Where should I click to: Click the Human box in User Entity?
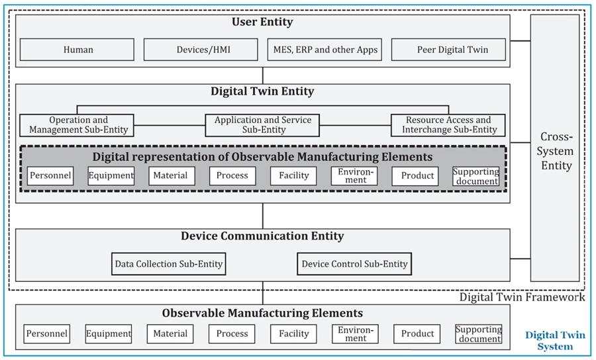[x=77, y=50]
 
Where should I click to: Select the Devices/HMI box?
[x=199, y=50]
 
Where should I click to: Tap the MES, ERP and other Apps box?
[x=325, y=50]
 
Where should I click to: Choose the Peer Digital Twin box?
[x=452, y=50]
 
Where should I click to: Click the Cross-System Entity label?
[x=556, y=151]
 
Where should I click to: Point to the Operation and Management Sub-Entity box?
[x=78, y=125]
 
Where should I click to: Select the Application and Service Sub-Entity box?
[x=263, y=125]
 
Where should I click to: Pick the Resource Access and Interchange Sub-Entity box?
[x=448, y=125]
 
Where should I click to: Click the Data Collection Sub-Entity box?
[x=169, y=264]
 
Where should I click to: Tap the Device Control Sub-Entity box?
[x=354, y=264]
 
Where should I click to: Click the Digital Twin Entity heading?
[x=262, y=92]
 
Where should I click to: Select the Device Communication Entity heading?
[x=262, y=236]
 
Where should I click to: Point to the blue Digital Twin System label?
[x=555, y=341]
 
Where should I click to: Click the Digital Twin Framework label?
[x=522, y=297]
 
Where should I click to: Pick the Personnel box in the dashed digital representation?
[x=50, y=176]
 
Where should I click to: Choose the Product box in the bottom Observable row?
[x=417, y=334]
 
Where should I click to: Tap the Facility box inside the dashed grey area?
[x=293, y=176]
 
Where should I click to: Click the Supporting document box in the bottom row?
[x=478, y=334]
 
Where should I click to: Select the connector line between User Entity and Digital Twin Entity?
[x=263, y=75]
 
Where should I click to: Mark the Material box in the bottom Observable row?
[x=170, y=334]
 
